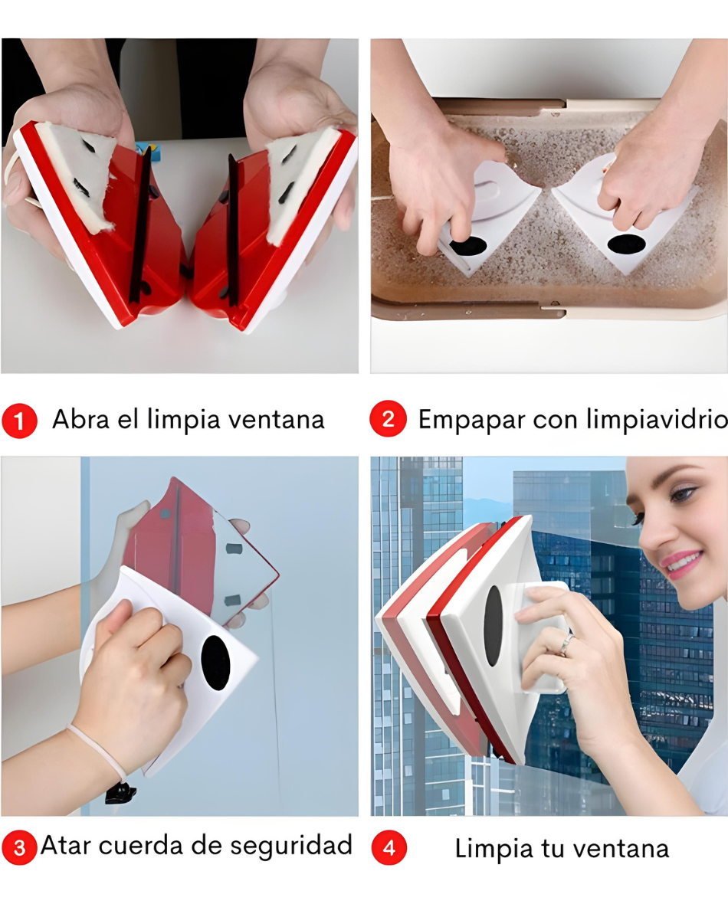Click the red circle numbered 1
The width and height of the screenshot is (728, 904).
pyautogui.click(x=19, y=421)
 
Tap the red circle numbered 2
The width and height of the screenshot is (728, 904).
pyautogui.click(x=389, y=418)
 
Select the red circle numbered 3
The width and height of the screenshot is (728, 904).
pyautogui.click(x=19, y=847)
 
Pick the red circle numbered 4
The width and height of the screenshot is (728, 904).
pyautogui.click(x=389, y=847)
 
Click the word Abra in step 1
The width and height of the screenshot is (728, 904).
pyautogui.click(x=80, y=419)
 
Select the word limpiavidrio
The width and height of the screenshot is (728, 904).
pyautogui.click(x=657, y=419)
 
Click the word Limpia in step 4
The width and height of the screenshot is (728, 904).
pyautogui.click(x=491, y=850)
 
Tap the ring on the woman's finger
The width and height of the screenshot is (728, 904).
pyautogui.click(x=566, y=644)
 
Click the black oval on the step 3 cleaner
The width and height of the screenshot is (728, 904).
pyautogui.click(x=216, y=663)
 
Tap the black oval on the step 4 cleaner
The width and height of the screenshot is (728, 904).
pyautogui.click(x=494, y=626)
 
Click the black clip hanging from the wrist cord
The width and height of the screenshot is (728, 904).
pyautogui.click(x=121, y=794)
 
